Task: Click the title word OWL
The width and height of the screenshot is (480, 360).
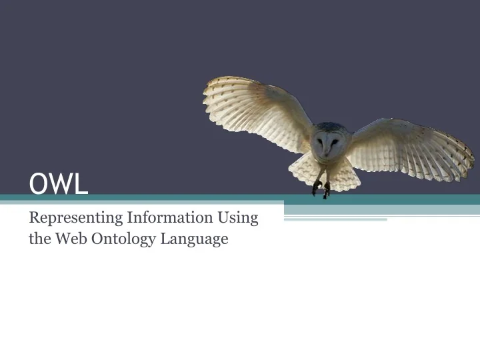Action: (59, 184)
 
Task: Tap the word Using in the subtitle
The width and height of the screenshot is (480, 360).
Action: (239, 218)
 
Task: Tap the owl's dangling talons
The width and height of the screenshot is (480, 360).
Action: (321, 189)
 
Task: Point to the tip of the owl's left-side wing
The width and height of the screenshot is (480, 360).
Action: (207, 89)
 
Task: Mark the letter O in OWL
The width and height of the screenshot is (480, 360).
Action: (39, 184)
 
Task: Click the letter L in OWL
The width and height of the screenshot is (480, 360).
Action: (81, 184)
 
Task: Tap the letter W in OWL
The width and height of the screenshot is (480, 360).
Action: (60, 184)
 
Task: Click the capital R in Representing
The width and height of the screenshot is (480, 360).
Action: (35, 217)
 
